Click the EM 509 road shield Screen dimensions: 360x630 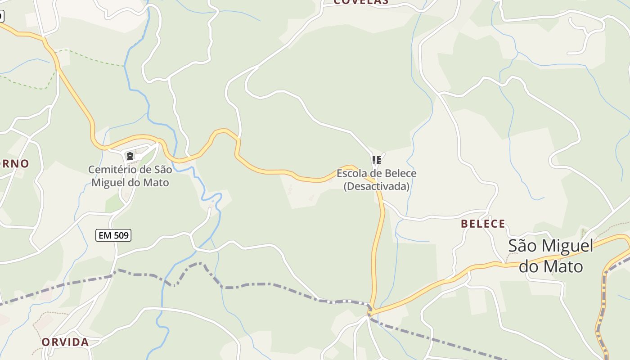(113, 235)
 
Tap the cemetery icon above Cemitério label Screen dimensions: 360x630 (130, 156)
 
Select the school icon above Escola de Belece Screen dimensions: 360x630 (376, 160)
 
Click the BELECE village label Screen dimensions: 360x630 (483, 224)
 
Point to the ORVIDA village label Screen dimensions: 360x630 (65, 342)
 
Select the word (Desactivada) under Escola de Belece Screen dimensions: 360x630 (376, 186)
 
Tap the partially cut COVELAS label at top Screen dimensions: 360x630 (361, 2)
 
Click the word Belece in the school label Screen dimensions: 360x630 (401, 173)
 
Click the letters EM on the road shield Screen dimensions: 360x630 (104, 235)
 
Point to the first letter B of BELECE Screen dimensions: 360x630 (464, 224)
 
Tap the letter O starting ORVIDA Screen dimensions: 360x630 (45, 342)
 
